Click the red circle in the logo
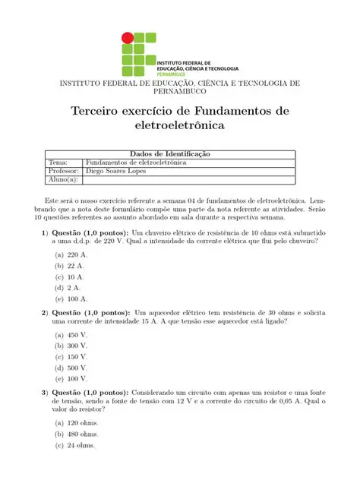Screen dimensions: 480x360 (x=128, y=37)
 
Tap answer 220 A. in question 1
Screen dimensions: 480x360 (x=77, y=255)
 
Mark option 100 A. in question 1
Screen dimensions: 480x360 (x=77, y=299)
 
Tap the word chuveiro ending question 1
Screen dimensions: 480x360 (x=300, y=241)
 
